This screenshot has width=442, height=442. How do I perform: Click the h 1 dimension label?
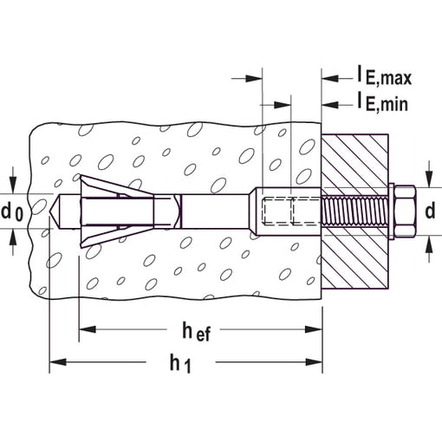point(180,365)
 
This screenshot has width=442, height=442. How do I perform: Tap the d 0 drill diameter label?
point(11,212)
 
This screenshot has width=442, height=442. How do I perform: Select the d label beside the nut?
point(430,211)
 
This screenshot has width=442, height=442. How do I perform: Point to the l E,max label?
point(385,75)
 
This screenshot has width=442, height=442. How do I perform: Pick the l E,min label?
point(383,101)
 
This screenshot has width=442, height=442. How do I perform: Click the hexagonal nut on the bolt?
point(405,211)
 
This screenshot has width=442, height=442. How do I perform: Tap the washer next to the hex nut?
point(392,211)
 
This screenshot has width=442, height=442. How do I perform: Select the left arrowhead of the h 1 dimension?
point(58,361)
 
